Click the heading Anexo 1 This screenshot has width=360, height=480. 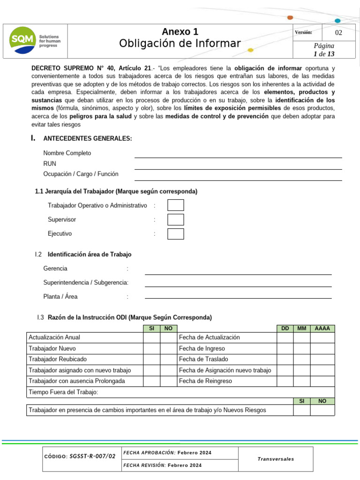coord(180,32)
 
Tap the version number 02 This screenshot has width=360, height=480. coord(338,33)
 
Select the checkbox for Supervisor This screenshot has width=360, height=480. coord(176,220)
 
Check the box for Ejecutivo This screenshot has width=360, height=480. coord(176,234)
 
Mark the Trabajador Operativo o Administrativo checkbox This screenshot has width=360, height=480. coord(176,205)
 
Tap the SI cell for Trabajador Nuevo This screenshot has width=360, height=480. coord(151,349)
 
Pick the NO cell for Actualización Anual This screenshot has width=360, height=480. coord(168,337)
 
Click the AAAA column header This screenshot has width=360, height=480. coord(322,329)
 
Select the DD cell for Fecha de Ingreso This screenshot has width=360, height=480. coord(285,349)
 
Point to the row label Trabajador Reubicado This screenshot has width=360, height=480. coord(58,360)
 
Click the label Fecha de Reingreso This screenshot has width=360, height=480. coord(205,381)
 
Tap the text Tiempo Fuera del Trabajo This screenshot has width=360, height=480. coord(63,392)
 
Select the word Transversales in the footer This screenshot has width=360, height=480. coord(276,459)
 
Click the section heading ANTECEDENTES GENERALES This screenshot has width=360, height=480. coord(88,138)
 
